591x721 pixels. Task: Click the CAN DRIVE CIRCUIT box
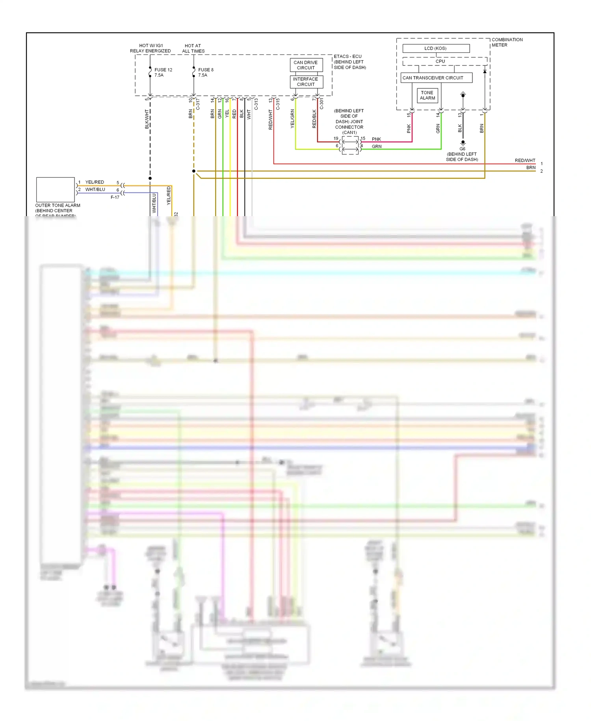tap(306, 65)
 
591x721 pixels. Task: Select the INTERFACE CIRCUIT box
tap(306, 82)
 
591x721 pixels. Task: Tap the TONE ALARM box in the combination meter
tap(427, 95)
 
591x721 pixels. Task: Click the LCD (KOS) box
tap(436, 49)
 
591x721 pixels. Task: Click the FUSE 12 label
tap(163, 70)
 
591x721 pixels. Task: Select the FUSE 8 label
tap(206, 70)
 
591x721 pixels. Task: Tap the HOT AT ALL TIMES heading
tap(193, 49)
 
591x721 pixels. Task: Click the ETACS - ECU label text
tap(348, 56)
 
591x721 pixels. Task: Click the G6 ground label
tap(462, 149)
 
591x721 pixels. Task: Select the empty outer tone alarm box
tap(55, 190)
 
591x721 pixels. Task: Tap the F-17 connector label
tap(115, 197)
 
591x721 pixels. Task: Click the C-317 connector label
tap(198, 104)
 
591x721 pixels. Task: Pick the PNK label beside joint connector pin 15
tap(376, 139)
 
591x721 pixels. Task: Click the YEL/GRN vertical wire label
tap(292, 118)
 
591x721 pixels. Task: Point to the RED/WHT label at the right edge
tap(525, 161)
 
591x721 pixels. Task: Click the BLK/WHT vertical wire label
tap(147, 119)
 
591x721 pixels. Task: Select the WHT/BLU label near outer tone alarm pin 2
tap(95, 190)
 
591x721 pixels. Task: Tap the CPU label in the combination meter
tap(440, 62)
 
